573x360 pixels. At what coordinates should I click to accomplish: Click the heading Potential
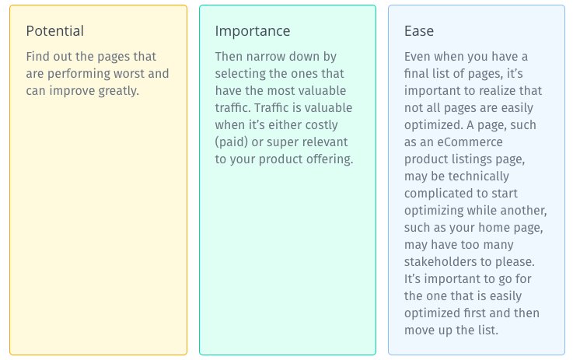[55, 31]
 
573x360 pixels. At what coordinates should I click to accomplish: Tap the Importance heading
[253, 31]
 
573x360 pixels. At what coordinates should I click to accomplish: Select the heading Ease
[419, 31]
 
